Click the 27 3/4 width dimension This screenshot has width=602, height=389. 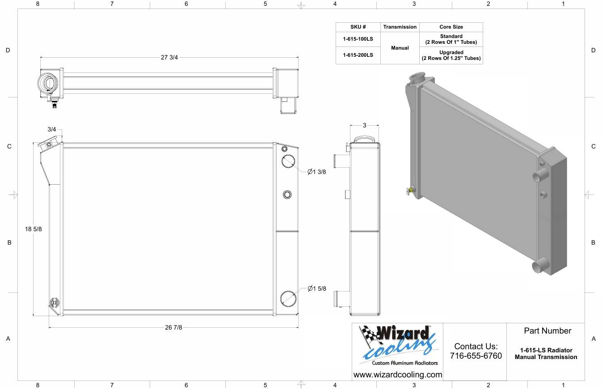169,57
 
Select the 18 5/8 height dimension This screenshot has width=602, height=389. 34,229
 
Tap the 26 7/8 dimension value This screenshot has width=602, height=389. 173,327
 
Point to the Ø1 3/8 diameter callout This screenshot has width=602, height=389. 316,172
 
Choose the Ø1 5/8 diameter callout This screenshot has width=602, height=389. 316,288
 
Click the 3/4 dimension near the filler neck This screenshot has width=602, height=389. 51,129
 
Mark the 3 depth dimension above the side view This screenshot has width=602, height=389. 364,125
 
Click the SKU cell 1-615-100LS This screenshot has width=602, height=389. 358,39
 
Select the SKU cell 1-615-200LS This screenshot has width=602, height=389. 358,55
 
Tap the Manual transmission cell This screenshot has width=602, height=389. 400,48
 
